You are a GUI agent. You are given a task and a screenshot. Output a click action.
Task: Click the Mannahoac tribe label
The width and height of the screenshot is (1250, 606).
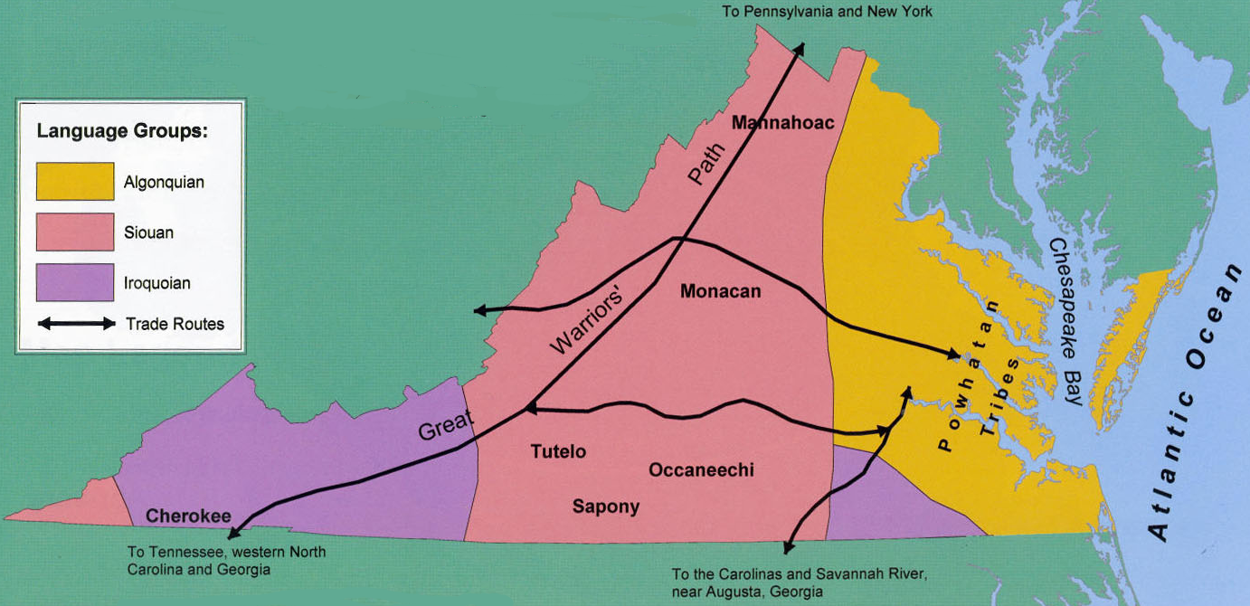782,122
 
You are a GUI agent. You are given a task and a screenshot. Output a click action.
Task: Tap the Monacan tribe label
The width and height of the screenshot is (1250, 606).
720,291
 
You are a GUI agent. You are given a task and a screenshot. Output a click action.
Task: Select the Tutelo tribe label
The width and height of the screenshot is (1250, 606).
558,451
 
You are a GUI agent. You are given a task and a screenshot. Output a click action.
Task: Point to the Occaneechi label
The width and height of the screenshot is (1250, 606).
701,469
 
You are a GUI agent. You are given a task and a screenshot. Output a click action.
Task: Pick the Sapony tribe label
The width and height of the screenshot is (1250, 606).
605,507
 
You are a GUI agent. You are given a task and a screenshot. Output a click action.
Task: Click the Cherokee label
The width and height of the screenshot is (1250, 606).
188,516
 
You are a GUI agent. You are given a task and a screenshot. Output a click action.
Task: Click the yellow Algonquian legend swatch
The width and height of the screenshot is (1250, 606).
75,181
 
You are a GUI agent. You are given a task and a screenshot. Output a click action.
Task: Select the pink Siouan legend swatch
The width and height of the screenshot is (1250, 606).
75,232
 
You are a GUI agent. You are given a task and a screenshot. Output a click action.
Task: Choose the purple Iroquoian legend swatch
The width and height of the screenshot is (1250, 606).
75,282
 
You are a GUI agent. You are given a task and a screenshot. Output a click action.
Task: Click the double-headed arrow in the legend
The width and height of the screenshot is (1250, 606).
76,324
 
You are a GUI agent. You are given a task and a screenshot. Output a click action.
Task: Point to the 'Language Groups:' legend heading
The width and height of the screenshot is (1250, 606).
122,131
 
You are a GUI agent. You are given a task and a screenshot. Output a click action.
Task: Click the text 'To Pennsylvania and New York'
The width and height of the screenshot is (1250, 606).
827,12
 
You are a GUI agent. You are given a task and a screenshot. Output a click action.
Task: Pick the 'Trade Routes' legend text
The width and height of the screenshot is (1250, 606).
175,324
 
